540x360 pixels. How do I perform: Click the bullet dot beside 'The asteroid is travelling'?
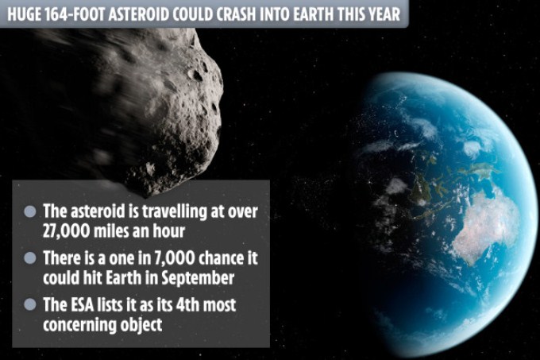30,211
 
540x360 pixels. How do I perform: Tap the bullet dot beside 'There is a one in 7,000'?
30,258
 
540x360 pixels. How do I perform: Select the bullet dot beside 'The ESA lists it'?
30,304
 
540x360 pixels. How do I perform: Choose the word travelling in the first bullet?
173,211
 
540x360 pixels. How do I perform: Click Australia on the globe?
485,225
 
